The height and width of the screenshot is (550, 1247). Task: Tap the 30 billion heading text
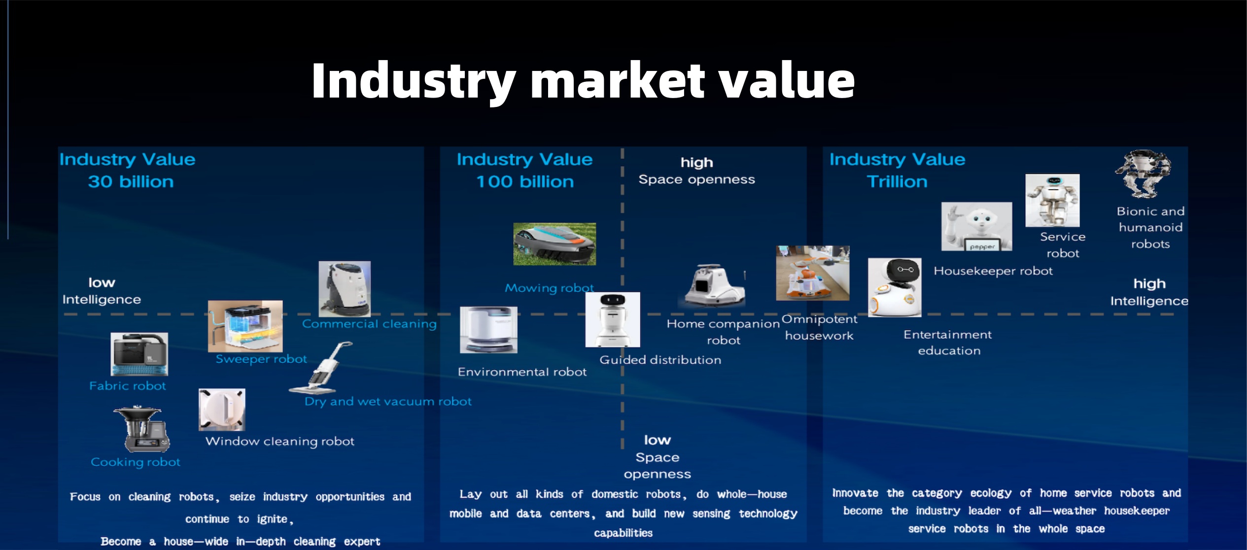[131, 182]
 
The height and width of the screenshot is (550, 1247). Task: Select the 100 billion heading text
[525, 182]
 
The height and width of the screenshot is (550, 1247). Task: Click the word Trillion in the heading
[897, 182]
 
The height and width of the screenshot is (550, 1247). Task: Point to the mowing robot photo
[554, 244]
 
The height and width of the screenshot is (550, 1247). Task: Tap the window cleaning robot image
[222, 410]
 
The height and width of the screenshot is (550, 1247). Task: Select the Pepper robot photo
[976, 227]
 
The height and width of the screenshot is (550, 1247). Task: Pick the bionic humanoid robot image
[1143, 174]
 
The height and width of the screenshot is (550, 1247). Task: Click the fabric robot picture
[139, 354]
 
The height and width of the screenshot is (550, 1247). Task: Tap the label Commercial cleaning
[369, 324]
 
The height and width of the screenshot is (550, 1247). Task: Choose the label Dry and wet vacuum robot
[388, 402]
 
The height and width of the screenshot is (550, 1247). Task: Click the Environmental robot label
[522, 372]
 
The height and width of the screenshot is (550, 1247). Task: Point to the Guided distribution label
[660, 360]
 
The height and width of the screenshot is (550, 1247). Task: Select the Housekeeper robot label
[993, 271]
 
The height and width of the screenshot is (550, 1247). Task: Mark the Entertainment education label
[948, 343]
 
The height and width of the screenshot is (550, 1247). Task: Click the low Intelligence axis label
[102, 291]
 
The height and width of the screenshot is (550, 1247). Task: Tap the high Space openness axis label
[696, 171]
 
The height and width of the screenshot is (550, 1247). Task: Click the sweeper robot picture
[245, 326]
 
